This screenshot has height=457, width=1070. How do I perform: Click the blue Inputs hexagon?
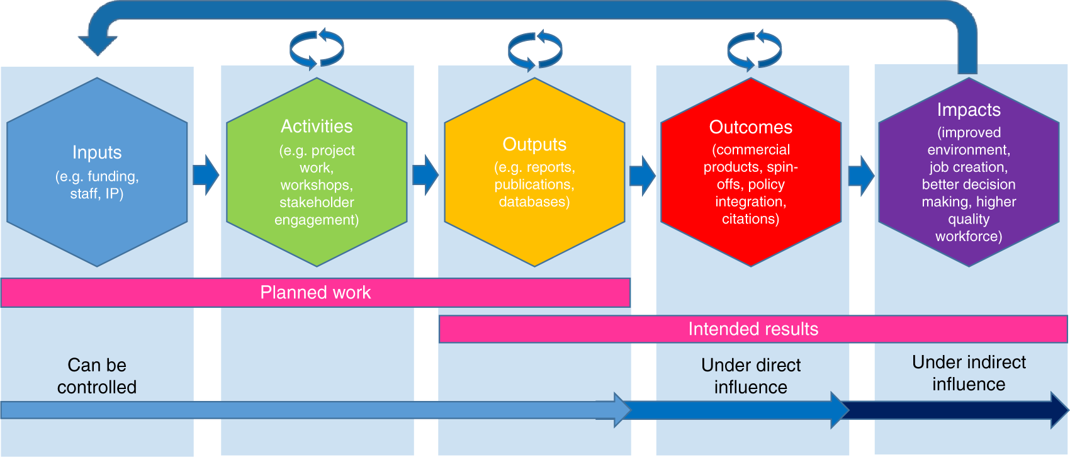pos(97,172)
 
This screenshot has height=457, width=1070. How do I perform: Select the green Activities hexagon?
pos(317,172)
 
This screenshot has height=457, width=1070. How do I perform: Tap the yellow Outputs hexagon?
pos(534,172)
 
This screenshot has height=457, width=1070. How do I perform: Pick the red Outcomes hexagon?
pos(751,172)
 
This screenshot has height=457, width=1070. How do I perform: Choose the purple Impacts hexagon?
pos(969,172)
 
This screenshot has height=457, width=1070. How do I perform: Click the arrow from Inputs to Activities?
pos(206,174)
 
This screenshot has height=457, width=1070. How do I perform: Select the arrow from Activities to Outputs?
pos(425,174)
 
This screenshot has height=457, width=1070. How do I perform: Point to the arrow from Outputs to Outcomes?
pos(643,174)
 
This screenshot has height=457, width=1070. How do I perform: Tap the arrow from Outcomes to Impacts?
pos(861,176)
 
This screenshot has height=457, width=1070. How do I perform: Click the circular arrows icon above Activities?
pos(317,48)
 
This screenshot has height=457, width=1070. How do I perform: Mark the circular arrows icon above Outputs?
pos(535,50)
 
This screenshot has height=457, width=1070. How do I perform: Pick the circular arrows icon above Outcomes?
pos(754,50)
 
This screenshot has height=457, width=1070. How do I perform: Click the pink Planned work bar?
pos(315,293)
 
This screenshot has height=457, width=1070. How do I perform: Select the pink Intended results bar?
pos(753,329)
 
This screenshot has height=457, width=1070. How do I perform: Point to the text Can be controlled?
pos(97,376)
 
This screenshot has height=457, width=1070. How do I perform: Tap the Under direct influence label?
pos(751,376)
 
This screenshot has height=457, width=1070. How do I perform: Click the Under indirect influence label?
pos(969,373)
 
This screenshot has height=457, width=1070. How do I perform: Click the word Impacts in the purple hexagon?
pos(969,110)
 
